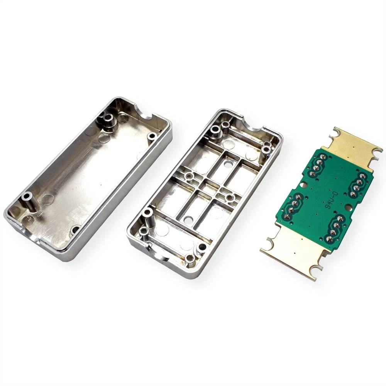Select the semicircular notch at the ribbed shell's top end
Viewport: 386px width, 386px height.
tap(253, 123)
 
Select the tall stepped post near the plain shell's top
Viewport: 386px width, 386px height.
tap(108, 120)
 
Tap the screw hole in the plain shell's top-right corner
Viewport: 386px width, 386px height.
tap(152, 136)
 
